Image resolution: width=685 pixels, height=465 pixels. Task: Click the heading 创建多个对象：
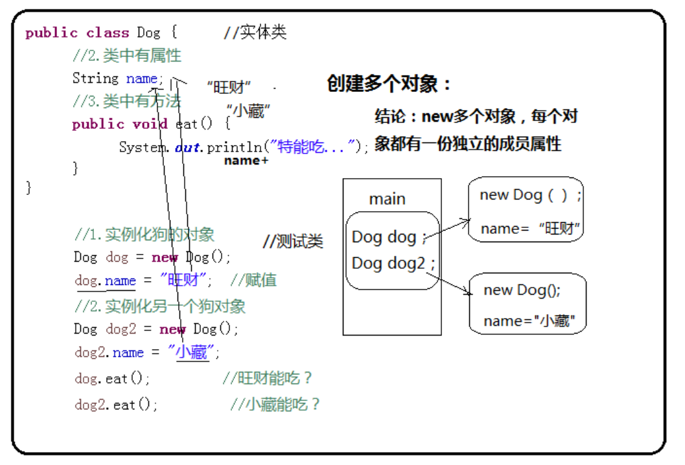tap(389, 84)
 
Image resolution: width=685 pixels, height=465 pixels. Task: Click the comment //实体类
tap(255, 32)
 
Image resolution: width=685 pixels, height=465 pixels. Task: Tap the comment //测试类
tap(292, 242)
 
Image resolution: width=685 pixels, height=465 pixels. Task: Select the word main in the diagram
tap(387, 199)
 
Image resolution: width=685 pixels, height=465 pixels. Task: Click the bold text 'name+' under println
tap(246, 161)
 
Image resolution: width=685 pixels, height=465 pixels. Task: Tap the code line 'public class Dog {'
tap(101, 33)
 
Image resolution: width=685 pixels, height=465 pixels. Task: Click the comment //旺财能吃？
tap(267, 378)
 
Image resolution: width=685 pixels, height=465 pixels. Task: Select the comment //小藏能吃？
tap(275, 405)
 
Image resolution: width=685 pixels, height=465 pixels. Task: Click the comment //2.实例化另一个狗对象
tap(160, 305)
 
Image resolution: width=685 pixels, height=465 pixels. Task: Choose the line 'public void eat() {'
tap(151, 124)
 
